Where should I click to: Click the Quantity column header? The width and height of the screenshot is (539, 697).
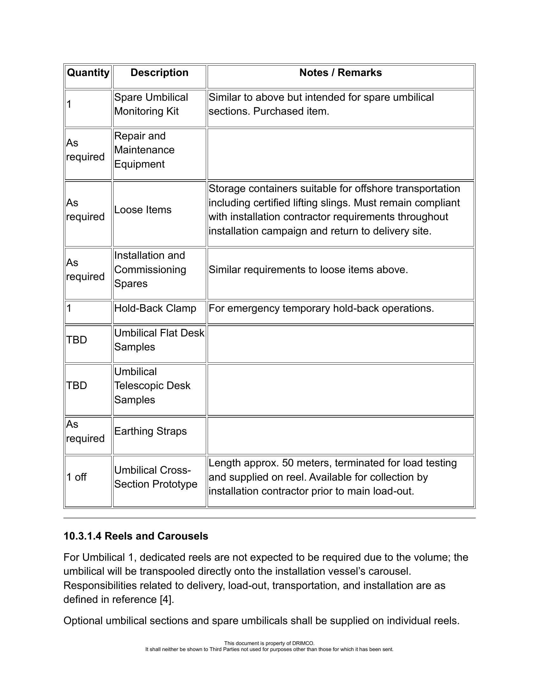pyautogui.click(x=88, y=73)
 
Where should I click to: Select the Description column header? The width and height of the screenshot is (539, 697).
pyautogui.click(x=159, y=73)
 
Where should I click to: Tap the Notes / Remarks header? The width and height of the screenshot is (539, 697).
pyautogui.click(x=341, y=73)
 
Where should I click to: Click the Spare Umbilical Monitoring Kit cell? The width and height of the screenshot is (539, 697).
pyautogui.click(x=151, y=104)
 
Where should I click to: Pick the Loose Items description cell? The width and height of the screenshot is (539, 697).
pyautogui.click(x=143, y=210)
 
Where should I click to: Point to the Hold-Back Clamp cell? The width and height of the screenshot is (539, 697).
pyautogui.click(x=155, y=308)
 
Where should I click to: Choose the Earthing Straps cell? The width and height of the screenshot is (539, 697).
pyautogui.click(x=150, y=431)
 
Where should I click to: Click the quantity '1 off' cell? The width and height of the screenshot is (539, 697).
pyautogui.click(x=77, y=477)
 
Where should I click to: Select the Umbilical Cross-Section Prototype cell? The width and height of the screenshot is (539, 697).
pyautogui.click(x=156, y=477)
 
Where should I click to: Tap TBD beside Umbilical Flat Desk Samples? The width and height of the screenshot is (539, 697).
pyautogui.click(x=77, y=340)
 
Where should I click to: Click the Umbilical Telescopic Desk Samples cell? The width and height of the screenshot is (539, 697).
pyautogui.click(x=152, y=386)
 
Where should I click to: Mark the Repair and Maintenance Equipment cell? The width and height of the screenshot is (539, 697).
pyautogui.click(x=144, y=150)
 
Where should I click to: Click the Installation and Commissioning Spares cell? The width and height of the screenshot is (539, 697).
pyautogui.click(x=150, y=270)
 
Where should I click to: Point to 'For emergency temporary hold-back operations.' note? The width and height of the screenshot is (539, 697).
pyautogui.click(x=321, y=308)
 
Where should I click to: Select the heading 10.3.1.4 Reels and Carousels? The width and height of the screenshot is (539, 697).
pyautogui.click(x=136, y=536)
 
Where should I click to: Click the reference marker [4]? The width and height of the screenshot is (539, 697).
pyautogui.click(x=167, y=600)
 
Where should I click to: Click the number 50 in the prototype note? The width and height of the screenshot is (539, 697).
pyautogui.click(x=288, y=463)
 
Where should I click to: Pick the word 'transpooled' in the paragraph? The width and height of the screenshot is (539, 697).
pyautogui.click(x=167, y=571)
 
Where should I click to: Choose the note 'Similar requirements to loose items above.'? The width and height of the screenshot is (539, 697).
pyautogui.click(x=308, y=270)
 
